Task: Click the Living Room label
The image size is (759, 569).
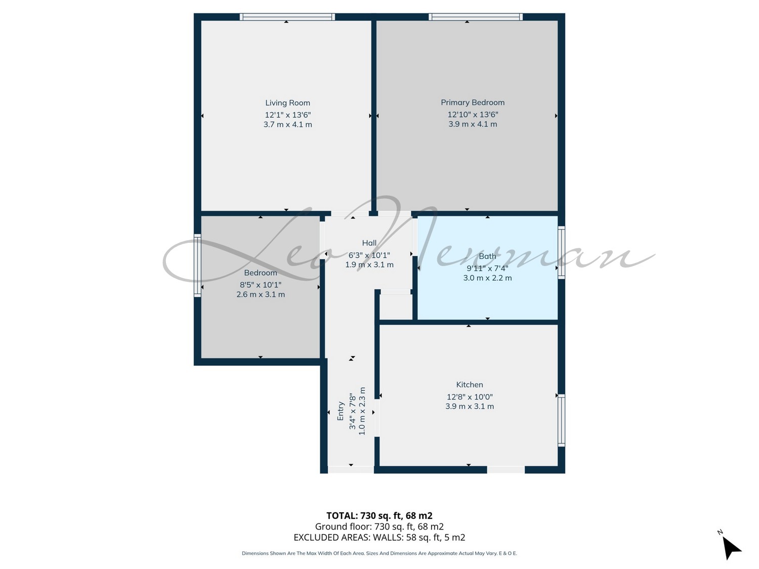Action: coord(287,103)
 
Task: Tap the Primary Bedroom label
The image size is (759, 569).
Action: coord(472,103)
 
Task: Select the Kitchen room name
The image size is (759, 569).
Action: coord(469,384)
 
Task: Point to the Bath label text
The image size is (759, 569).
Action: coord(487,256)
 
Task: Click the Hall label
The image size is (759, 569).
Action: coord(369,243)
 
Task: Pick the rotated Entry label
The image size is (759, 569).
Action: coord(340,411)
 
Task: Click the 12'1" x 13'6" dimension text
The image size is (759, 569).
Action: coord(288,115)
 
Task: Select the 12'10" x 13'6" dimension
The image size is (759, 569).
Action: coord(473,115)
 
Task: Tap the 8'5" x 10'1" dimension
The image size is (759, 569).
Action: coord(261,285)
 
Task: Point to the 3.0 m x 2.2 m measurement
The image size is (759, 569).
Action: coord(487,278)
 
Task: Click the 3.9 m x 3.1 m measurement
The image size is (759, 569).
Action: coord(469,406)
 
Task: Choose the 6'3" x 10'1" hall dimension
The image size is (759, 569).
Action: coord(369,255)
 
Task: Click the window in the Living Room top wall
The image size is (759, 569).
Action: coord(287,17)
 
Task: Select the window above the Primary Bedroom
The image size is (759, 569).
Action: coord(476,17)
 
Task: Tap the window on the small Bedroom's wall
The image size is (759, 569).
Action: coord(197,266)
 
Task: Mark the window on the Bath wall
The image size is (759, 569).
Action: coord(562,252)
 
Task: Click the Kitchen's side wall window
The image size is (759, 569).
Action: coord(562,420)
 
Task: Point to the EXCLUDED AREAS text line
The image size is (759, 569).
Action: coord(379,537)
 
